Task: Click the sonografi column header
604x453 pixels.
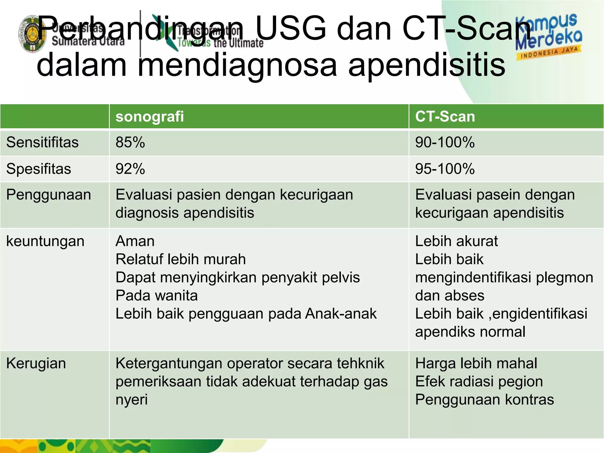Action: pyautogui.click(x=150, y=116)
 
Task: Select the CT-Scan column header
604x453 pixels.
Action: pyautogui.click(x=445, y=116)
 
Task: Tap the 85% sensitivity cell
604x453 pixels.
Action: pyautogui.click(x=130, y=142)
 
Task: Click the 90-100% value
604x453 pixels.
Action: pyautogui.click(x=445, y=142)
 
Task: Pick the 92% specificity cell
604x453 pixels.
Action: pyautogui.click(x=130, y=169)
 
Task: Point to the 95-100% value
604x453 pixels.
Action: pyautogui.click(x=445, y=169)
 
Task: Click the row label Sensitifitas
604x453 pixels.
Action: pyautogui.click(x=42, y=142)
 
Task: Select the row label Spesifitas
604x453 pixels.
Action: pyautogui.click(x=39, y=169)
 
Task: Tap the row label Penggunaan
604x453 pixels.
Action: pyautogui.click(x=49, y=195)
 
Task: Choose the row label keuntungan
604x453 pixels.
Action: pyautogui.click(x=45, y=241)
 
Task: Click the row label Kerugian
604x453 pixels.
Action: pyautogui.click(x=36, y=363)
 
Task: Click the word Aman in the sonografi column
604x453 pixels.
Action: pyautogui.click(x=135, y=241)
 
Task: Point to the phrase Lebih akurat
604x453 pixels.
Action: pyautogui.click(x=456, y=241)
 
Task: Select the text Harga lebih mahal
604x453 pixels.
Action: pyautogui.click(x=476, y=363)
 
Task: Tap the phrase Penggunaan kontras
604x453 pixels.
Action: pyautogui.click(x=484, y=400)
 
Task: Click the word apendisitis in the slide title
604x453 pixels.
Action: pyautogui.click(x=426, y=65)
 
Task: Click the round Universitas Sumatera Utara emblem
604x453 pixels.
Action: pyautogui.click(x=32, y=34)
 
